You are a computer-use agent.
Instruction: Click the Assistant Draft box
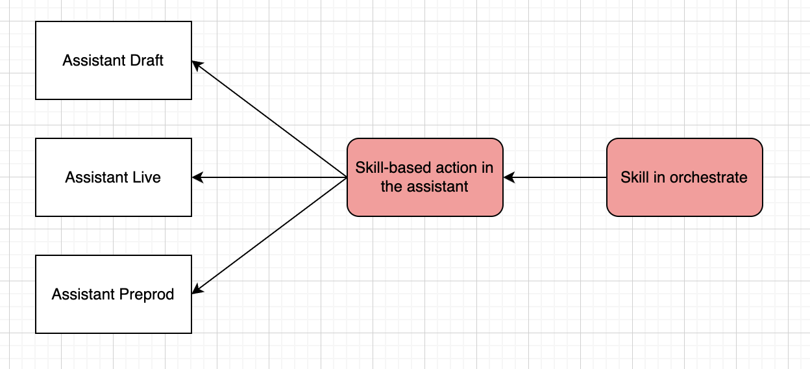(x=114, y=60)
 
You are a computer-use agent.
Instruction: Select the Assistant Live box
(x=114, y=177)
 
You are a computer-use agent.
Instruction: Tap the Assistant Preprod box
(x=114, y=294)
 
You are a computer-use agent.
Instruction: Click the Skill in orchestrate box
(x=685, y=177)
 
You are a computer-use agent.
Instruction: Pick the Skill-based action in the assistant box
(x=425, y=177)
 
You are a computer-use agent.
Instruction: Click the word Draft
(x=147, y=60)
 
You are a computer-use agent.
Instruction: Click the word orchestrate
(x=708, y=177)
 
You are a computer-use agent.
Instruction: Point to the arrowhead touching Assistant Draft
(x=197, y=65)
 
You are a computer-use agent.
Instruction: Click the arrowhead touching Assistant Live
(x=197, y=177)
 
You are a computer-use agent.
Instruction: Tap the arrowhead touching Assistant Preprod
(x=197, y=289)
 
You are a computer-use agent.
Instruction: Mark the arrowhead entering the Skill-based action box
(x=509, y=177)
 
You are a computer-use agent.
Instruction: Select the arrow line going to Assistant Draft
(x=269, y=119)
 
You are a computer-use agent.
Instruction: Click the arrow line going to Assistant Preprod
(x=269, y=236)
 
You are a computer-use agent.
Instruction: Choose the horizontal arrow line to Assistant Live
(x=269, y=177)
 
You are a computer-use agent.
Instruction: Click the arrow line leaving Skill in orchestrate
(x=555, y=177)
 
